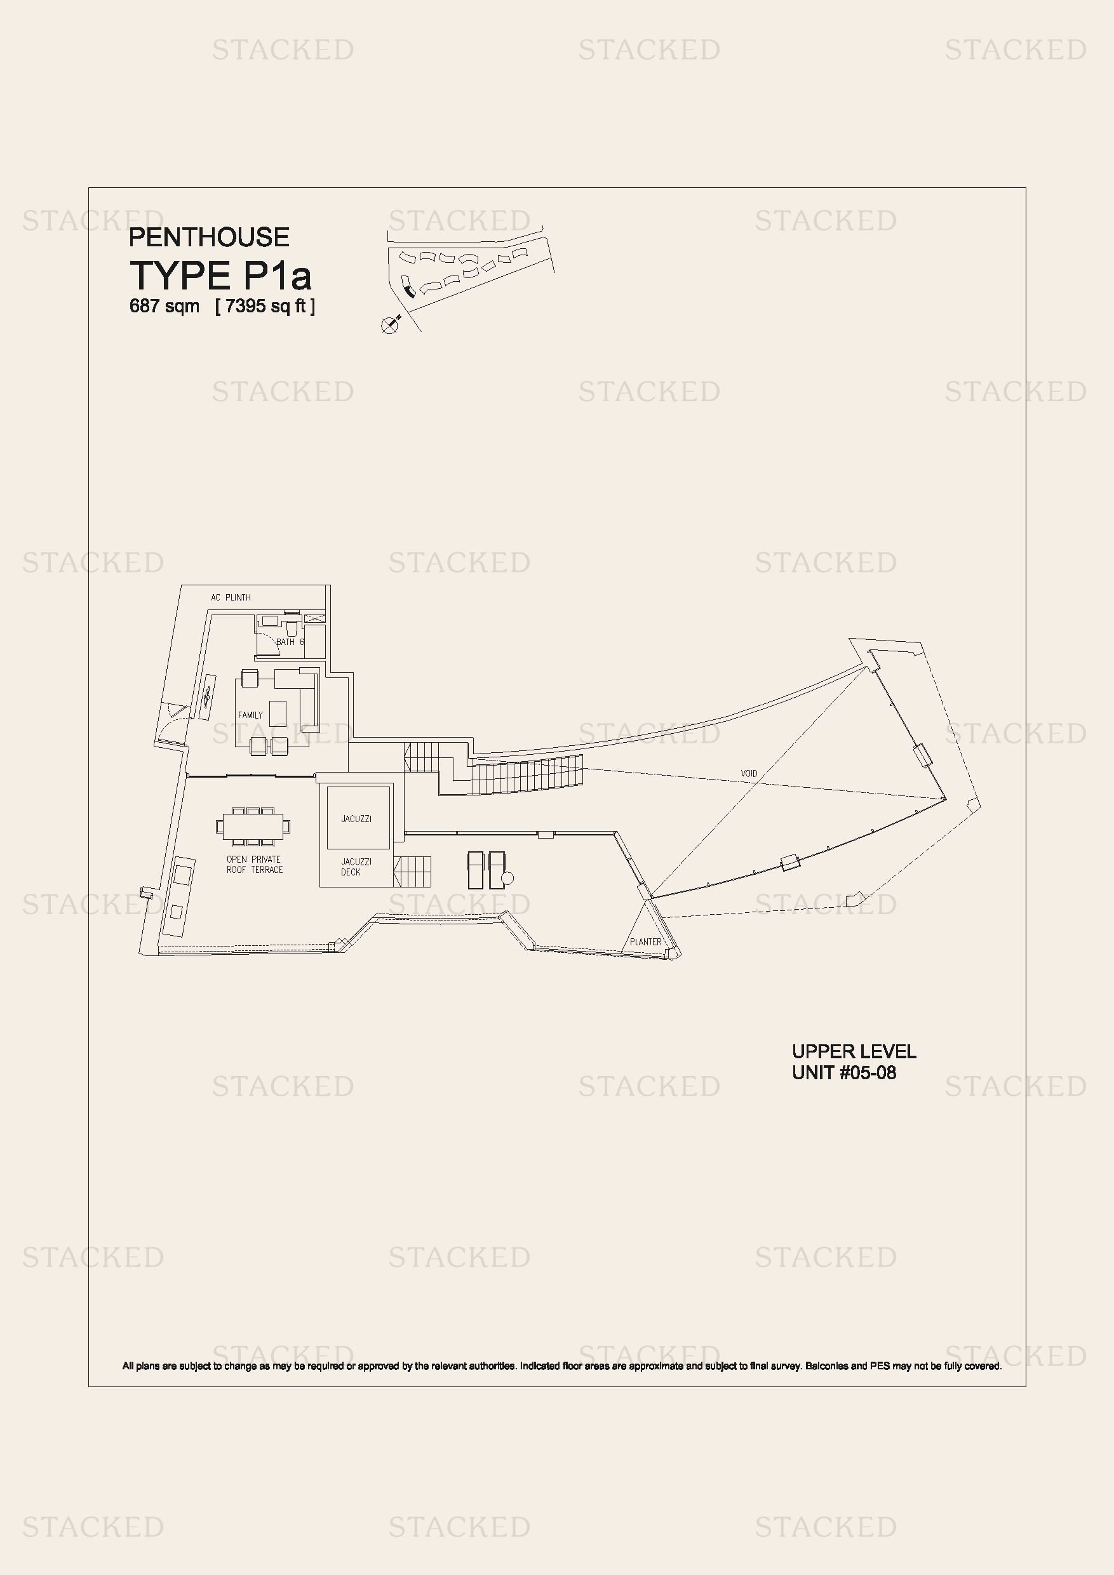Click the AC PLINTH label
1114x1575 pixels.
(231, 597)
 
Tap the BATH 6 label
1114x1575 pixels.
(290, 642)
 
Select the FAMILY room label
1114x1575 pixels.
(250, 715)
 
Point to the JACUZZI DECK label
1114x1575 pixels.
(356, 867)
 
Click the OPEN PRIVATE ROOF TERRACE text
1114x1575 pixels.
(255, 865)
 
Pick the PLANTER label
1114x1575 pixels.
(646, 942)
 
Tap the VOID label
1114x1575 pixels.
(749, 773)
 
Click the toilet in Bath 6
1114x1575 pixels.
(291, 628)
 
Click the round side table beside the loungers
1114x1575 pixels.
(508, 878)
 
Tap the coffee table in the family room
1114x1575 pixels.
(278, 714)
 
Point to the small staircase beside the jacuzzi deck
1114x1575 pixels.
(413, 871)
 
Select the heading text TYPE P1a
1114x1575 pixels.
(220, 276)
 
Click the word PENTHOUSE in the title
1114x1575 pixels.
(210, 237)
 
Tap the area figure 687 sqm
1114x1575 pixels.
(164, 306)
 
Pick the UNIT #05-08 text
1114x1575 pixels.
(844, 1073)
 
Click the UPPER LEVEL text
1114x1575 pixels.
(854, 1052)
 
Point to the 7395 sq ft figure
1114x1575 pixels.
(265, 306)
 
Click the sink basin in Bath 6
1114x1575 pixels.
(270, 621)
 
